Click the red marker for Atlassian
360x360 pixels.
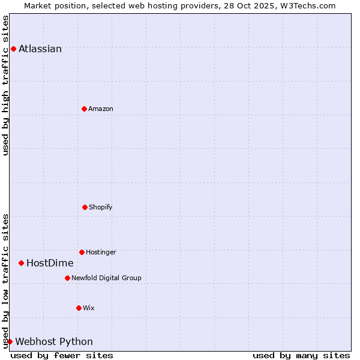[x=13, y=49]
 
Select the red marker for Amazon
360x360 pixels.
[x=84, y=109]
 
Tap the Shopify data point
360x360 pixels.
[x=85, y=207]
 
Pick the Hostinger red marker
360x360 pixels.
[x=82, y=252]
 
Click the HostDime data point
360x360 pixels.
[x=21, y=263]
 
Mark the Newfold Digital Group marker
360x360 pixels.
[x=67, y=278]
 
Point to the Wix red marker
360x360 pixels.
[x=79, y=308]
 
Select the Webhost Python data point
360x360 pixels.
[x=10, y=341]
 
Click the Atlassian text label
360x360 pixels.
[x=40, y=49]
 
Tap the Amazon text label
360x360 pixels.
[x=101, y=109]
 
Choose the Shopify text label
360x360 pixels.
[x=101, y=207]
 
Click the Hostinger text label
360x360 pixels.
[x=101, y=252]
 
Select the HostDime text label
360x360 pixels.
[x=50, y=263]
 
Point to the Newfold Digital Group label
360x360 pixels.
[x=106, y=278]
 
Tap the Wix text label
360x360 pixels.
[x=89, y=308]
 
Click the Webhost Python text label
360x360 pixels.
[x=54, y=342]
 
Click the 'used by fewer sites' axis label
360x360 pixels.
[x=62, y=356]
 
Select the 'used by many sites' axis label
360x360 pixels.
[x=301, y=356]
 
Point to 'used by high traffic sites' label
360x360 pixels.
[x=5, y=85]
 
